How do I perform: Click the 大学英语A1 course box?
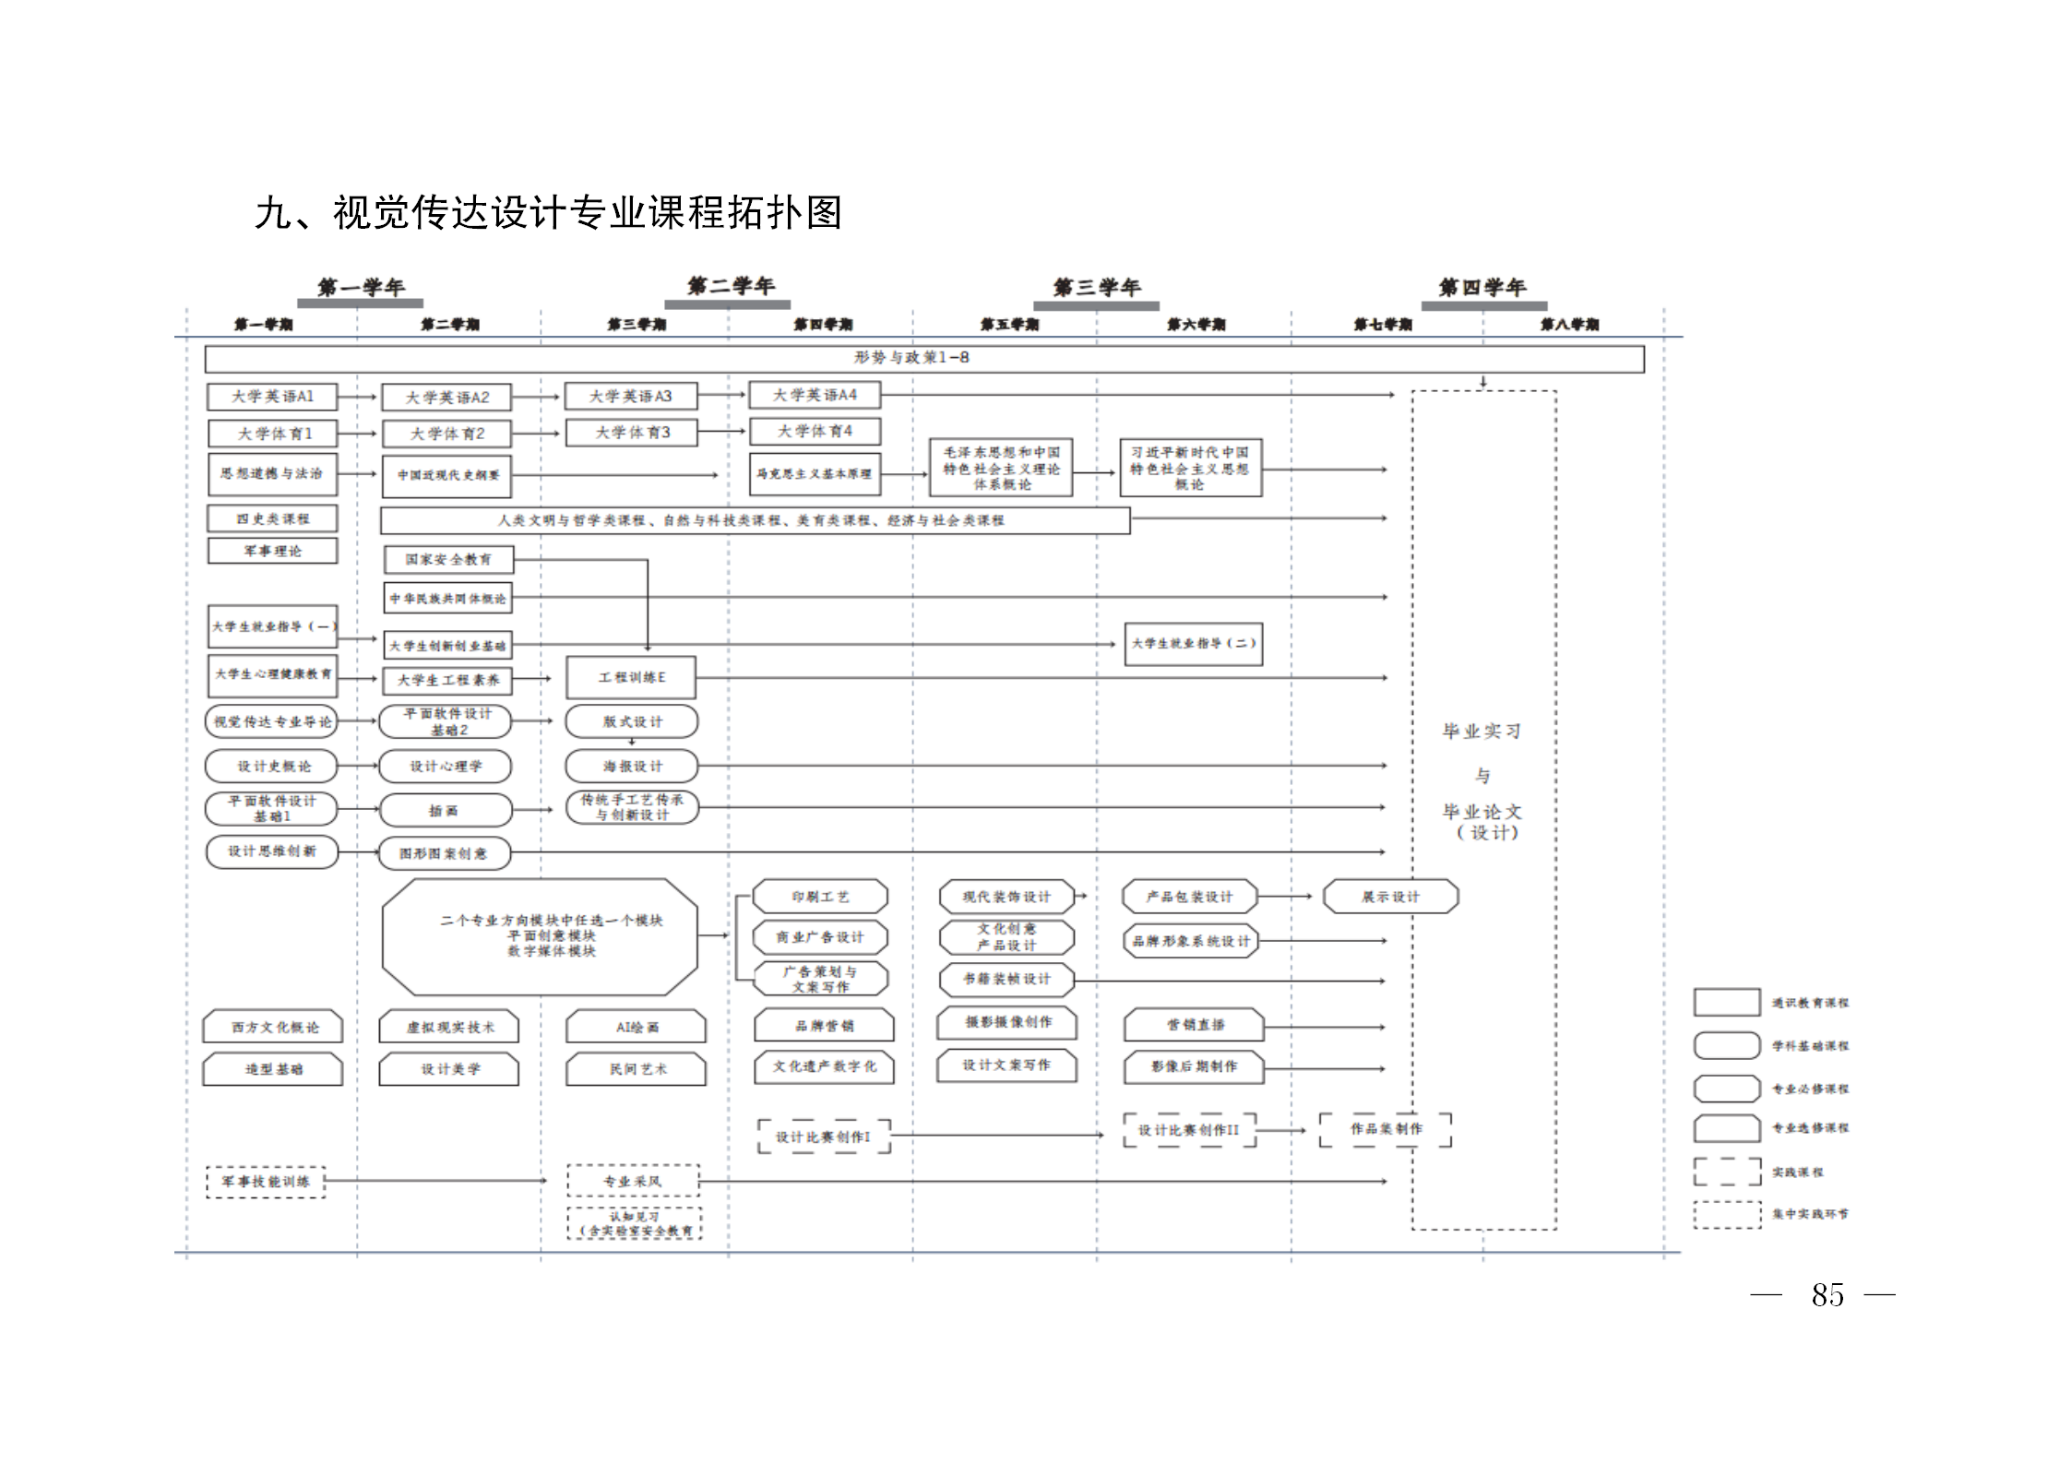pos(272,397)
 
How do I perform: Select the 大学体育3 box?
pos(632,433)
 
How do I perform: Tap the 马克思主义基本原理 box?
pos(814,474)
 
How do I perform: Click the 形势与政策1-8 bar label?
pos(911,358)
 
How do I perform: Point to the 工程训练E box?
pos(631,678)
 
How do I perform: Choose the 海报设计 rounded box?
pos(632,767)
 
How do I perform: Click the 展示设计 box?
pos(1390,897)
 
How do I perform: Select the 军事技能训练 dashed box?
pos(266,1182)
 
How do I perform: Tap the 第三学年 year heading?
pos(1096,288)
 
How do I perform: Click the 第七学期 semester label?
pos(1382,325)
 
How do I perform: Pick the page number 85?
pos(1827,1295)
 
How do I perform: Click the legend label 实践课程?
pos(1797,1172)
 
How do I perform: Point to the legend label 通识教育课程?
pos(1810,1003)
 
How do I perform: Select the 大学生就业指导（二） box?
pos(1193,644)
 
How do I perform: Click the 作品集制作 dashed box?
pos(1386,1129)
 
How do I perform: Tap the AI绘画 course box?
pos(637,1028)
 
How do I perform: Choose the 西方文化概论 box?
pos(274,1028)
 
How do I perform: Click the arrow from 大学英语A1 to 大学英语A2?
pos(358,398)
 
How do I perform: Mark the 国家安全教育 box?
pos(448,560)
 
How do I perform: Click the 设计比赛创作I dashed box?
pos(823,1137)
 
